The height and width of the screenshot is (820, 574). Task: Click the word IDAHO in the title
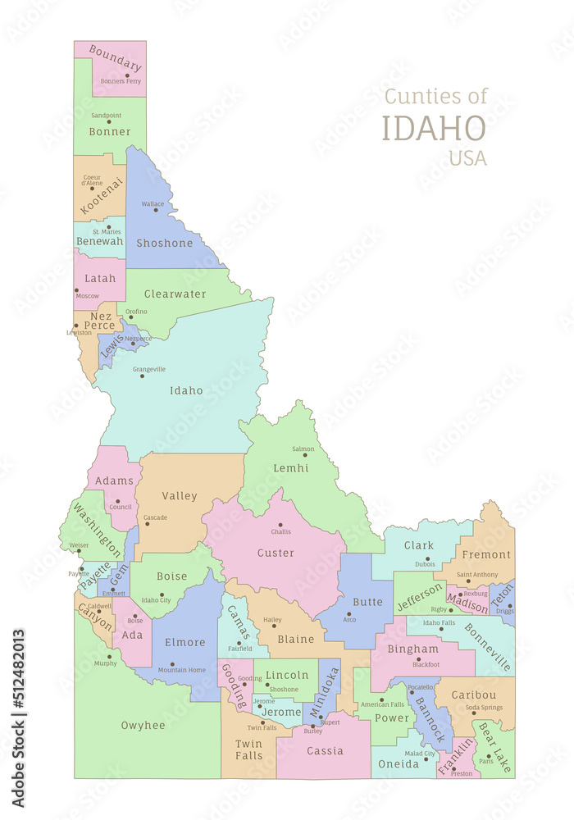point(434,129)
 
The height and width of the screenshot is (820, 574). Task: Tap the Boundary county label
point(115,58)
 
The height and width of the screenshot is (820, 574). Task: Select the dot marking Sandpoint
point(108,122)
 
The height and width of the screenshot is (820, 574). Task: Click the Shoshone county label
point(164,243)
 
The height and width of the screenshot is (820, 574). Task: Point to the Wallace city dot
point(156,210)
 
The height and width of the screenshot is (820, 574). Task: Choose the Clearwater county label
point(175,294)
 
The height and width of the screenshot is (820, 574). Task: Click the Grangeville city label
point(148,369)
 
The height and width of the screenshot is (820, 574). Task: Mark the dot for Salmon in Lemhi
point(304,455)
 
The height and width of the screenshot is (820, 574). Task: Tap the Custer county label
point(276,553)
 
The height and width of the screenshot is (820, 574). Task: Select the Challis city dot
point(280,525)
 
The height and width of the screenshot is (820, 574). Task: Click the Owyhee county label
point(143,725)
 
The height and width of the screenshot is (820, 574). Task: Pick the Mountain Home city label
point(182,670)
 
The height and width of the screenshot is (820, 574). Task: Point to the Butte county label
point(367,601)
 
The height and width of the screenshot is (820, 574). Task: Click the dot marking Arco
point(348,613)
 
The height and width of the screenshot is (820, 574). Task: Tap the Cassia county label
point(325,750)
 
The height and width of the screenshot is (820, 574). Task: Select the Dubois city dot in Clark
point(427,558)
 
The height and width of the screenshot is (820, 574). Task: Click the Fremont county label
point(487,554)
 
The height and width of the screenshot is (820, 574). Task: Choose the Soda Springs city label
point(484,708)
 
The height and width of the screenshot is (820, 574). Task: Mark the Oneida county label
point(398,763)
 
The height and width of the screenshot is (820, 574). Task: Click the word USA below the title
point(467,158)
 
